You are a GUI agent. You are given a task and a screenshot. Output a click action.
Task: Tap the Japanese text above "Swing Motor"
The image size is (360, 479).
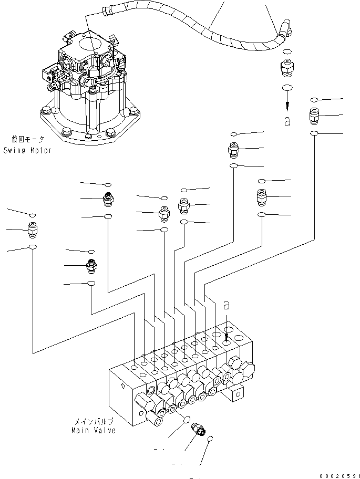coord(28,140)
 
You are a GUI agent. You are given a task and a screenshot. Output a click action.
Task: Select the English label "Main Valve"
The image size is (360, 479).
coord(93,430)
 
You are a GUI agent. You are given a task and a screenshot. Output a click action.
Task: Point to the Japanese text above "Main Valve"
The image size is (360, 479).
coord(93,421)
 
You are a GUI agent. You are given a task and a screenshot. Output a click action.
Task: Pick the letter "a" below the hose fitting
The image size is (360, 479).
coord(287,121)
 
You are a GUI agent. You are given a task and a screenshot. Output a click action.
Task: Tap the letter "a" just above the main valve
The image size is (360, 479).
coord(227,304)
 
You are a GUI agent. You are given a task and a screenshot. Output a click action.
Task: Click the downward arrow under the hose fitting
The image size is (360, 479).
coord(287,102)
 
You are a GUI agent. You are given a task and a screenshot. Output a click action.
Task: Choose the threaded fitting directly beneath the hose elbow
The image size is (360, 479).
coord(287,68)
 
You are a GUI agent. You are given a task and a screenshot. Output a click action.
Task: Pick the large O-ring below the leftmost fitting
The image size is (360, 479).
coord(33,247)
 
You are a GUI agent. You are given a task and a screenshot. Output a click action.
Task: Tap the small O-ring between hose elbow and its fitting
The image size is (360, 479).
coord(287,52)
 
